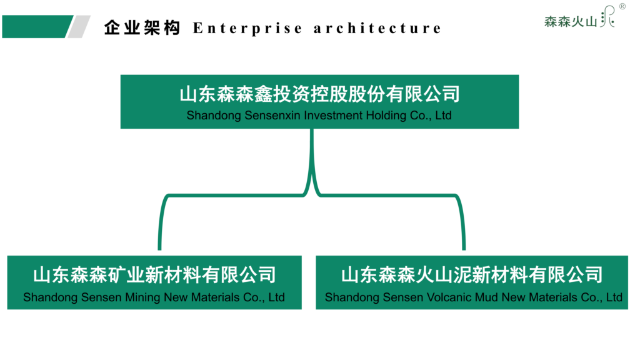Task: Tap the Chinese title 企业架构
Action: point(142,28)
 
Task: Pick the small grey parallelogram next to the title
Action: point(79,26)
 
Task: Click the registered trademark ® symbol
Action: point(622,7)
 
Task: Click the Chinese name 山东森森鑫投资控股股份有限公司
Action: point(319,94)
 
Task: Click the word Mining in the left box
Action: point(143,297)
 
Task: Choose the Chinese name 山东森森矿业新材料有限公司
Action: point(154,275)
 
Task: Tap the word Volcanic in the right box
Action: point(452,297)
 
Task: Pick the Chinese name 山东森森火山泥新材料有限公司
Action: point(472,275)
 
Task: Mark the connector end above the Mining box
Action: point(160,245)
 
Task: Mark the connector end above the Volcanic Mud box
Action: point(463,245)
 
